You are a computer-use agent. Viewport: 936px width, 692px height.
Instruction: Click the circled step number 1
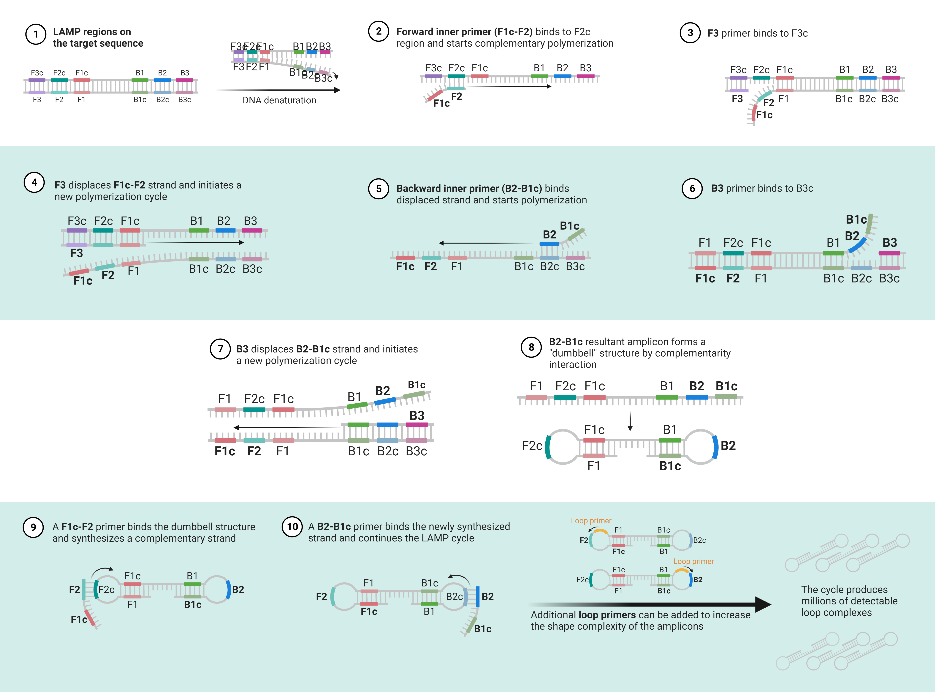tap(36, 34)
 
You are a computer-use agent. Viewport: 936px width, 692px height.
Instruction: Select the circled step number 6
tap(692, 189)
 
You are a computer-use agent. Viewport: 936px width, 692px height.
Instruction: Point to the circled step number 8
tap(531, 347)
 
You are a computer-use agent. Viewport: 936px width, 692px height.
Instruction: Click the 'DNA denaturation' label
tap(279, 100)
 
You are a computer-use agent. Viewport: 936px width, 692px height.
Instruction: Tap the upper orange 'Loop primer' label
tap(591, 521)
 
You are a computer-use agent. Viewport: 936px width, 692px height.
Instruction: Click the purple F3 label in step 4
tap(76, 253)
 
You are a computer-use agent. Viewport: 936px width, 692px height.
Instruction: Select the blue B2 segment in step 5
tap(549, 243)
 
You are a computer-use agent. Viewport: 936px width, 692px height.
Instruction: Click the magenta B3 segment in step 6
tap(889, 253)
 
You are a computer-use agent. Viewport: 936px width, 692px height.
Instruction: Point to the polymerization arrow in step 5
tap(486, 243)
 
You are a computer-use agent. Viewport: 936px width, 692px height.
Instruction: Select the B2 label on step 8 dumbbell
tap(728, 446)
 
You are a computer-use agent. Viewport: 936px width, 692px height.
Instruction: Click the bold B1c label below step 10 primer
tap(482, 629)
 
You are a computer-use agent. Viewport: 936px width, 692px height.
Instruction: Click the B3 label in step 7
tap(417, 415)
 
